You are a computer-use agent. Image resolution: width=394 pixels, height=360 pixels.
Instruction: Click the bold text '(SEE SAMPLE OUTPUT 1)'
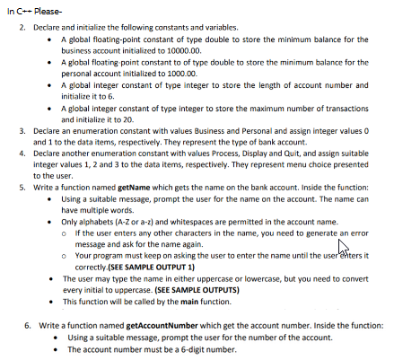click(135, 267)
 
